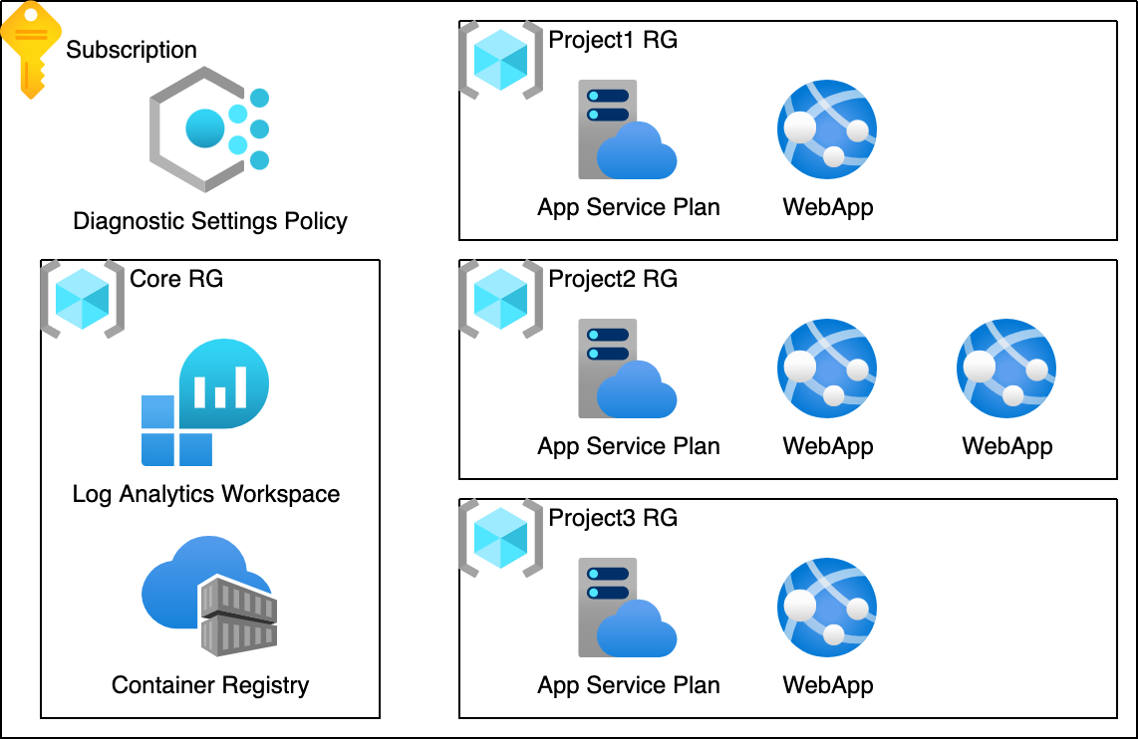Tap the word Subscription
click(x=132, y=50)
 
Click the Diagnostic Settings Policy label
click(x=210, y=220)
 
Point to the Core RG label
click(x=176, y=279)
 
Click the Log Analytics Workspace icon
click(x=205, y=402)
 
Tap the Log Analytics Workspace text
click(x=206, y=494)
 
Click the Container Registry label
click(x=210, y=685)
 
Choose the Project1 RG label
click(x=613, y=41)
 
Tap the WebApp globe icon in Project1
click(x=827, y=128)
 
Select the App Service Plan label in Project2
click(x=629, y=446)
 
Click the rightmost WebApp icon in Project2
click(x=1006, y=369)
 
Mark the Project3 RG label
click(x=613, y=518)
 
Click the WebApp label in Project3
click(x=828, y=685)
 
